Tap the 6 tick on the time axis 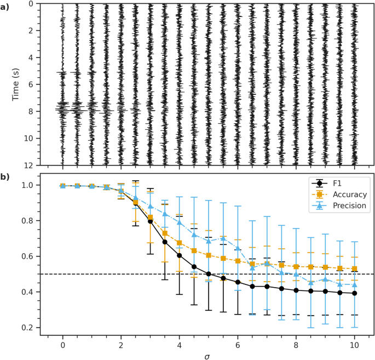pos(33,84)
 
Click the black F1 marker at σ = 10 pos(354,293)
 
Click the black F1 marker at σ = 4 pos(179,255)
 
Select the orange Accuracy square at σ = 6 pos(238,261)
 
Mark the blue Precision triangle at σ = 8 pos(296,274)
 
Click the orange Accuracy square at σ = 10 pos(354,269)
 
